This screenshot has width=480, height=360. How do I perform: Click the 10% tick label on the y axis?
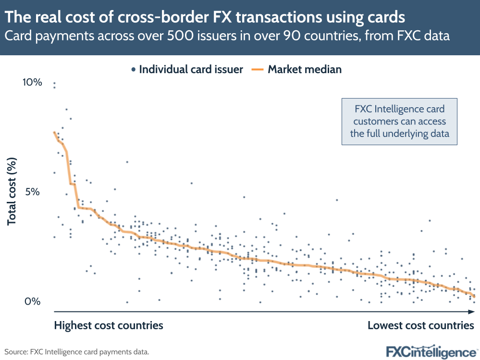33,83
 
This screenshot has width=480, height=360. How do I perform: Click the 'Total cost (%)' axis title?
12,192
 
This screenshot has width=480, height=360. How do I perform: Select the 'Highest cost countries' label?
109,325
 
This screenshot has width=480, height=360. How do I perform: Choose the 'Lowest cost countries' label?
421,325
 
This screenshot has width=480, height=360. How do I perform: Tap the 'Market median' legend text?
305,69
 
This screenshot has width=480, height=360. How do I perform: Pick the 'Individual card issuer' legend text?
191,69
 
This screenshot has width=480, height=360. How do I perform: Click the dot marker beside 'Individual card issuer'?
133,70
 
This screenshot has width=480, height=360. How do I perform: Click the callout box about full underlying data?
399,122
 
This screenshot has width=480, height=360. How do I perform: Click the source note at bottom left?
77,352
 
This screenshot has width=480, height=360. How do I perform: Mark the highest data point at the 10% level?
54,83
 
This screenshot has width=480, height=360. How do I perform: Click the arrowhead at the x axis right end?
473,312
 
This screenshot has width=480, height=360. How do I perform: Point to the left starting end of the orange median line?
54,132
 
